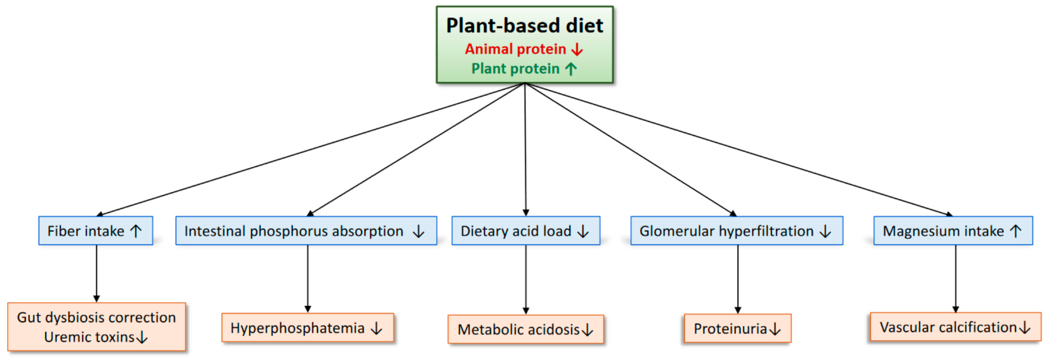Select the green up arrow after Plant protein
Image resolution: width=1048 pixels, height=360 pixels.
(571, 69)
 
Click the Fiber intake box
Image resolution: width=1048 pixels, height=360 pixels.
(96, 231)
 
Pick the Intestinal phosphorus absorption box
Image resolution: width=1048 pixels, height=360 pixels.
(306, 231)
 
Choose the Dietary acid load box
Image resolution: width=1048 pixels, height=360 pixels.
(525, 231)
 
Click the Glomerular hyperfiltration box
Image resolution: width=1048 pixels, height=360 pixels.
(736, 231)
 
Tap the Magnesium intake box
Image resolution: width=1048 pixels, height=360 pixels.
(952, 231)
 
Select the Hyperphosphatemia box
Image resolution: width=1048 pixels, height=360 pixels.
(307, 328)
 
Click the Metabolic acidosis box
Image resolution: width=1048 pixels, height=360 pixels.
(525, 329)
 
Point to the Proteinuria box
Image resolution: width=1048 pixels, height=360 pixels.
(737, 328)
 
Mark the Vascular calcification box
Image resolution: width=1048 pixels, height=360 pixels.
(955, 327)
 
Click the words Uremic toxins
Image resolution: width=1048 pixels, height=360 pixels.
(89, 337)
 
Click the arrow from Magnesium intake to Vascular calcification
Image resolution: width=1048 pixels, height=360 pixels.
(955, 279)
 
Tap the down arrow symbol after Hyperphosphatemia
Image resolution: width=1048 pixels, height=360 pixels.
(377, 328)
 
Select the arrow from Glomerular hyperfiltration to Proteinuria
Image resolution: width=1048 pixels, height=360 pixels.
(738, 279)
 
